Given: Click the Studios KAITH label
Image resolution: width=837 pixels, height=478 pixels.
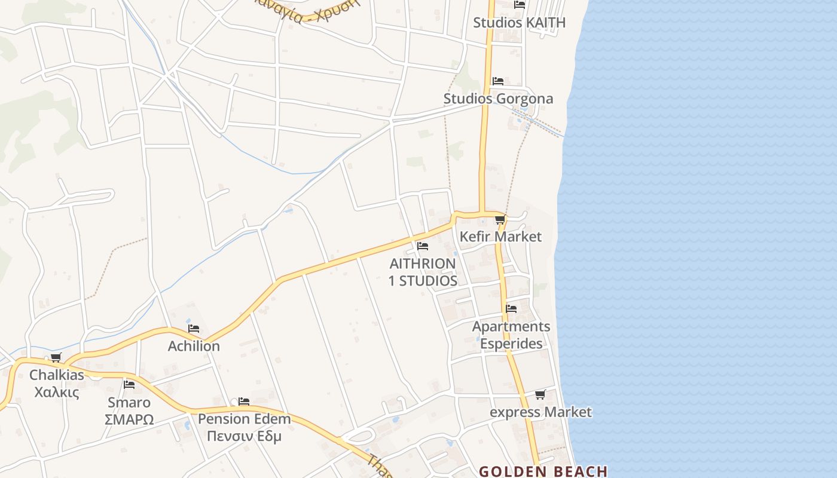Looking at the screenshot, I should [519, 23].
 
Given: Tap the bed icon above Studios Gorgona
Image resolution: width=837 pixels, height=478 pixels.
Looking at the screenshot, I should [497, 81].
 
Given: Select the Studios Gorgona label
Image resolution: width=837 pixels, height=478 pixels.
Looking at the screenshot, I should [498, 99].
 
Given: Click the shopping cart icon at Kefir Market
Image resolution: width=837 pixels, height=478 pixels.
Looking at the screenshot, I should [500, 219].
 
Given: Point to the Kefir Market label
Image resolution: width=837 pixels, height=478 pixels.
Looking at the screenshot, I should [500, 237].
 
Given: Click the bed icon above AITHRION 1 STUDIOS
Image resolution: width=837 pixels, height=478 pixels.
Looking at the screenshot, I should [423, 246].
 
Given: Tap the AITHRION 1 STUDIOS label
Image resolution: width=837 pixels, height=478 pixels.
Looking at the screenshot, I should [423, 272].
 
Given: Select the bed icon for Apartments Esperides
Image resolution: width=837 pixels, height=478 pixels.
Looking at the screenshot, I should [511, 309].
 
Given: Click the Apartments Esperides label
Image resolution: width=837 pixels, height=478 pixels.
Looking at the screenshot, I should [511, 335].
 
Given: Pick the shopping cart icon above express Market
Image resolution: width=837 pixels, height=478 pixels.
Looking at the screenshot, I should [540, 394].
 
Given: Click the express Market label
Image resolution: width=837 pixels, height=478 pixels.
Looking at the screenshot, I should [540, 412].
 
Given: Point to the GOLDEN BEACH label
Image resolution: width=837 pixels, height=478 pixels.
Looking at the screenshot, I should [543, 471].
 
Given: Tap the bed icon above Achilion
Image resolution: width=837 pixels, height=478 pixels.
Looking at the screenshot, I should [194, 329].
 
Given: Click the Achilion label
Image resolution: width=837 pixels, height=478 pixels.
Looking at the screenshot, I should [194, 347].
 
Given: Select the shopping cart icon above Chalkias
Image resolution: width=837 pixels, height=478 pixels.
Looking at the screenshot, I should [56, 358].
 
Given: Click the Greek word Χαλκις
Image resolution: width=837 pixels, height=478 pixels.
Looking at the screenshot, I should [57, 393].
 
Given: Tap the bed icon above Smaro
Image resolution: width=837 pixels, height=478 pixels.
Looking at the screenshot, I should [129, 384].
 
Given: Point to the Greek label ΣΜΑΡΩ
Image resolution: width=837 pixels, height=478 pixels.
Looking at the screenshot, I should [129, 419].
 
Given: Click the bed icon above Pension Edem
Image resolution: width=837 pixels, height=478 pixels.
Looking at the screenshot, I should [244, 402].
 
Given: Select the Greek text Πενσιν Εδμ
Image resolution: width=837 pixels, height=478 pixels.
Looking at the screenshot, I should [244, 436].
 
